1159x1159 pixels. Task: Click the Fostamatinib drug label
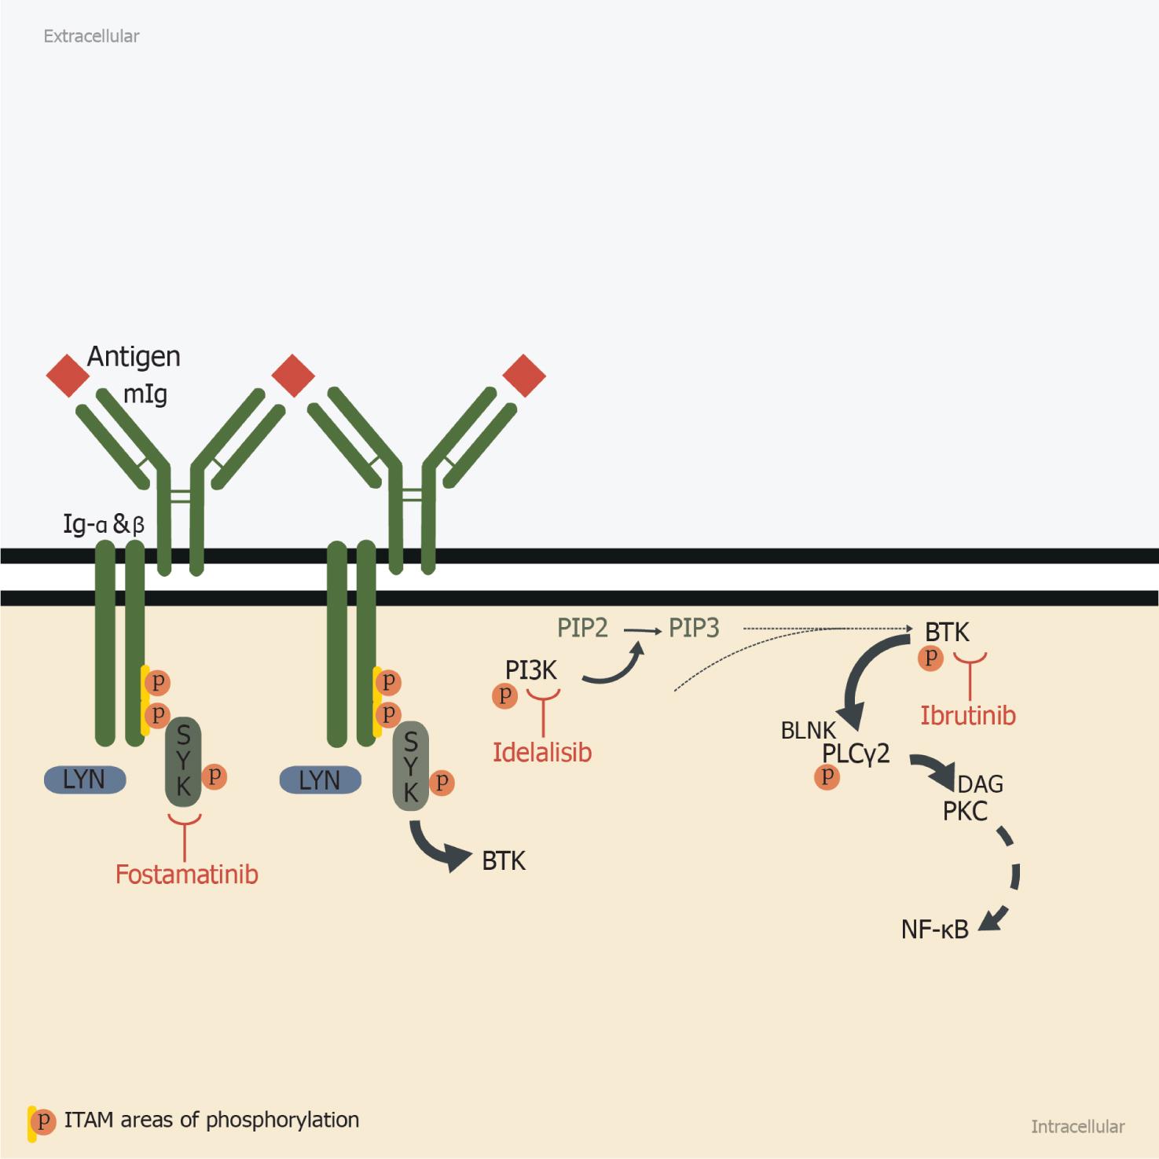pos(187,875)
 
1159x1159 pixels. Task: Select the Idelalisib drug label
pos(542,753)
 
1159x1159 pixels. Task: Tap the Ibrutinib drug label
pos(968,716)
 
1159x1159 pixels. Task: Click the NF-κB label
pos(935,930)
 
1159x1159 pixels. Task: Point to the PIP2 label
pos(582,628)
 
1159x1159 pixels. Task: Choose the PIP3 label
pos(694,628)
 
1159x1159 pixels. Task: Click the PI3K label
pos(531,670)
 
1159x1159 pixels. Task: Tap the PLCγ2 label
pos(856,754)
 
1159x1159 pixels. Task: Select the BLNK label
pos(809,731)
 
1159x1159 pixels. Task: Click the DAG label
pos(981,784)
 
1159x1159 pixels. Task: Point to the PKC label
pos(965,811)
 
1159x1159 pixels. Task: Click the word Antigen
pos(134,358)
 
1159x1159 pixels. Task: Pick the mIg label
pos(145,394)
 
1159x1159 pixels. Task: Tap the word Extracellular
pos(91,36)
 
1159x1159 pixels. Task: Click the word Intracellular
pos(1077,1127)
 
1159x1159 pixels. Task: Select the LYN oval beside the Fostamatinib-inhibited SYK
pos(84,779)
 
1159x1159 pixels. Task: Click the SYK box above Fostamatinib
pos(183,761)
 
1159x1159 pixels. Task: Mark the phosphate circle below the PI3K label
pos(504,695)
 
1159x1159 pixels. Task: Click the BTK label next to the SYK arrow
pos(504,861)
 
